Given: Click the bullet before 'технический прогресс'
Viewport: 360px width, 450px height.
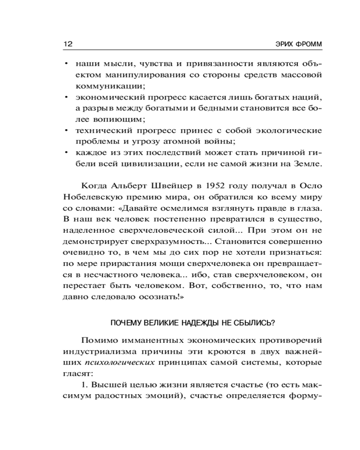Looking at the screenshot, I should [x=66, y=130].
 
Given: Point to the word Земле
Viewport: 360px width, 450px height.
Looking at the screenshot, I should [x=307, y=165].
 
